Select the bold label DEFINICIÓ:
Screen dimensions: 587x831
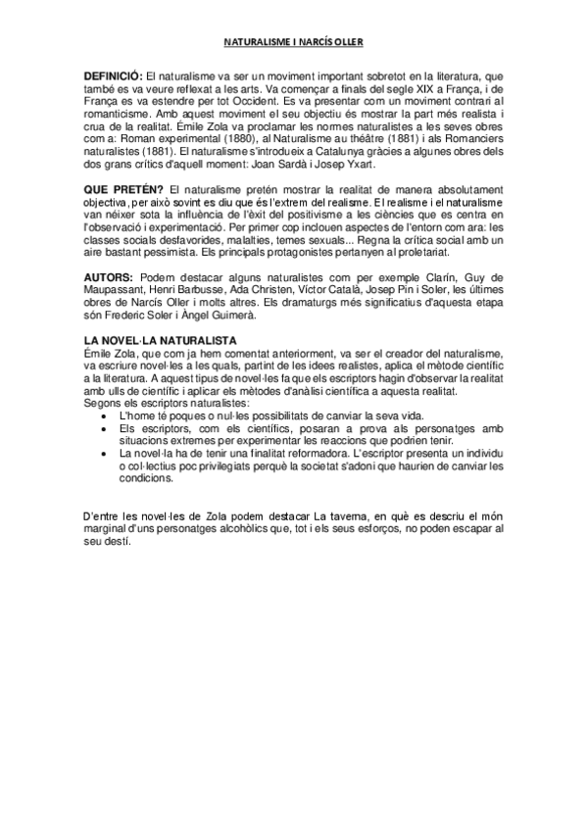tap(113, 76)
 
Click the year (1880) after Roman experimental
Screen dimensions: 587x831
tap(247, 139)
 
